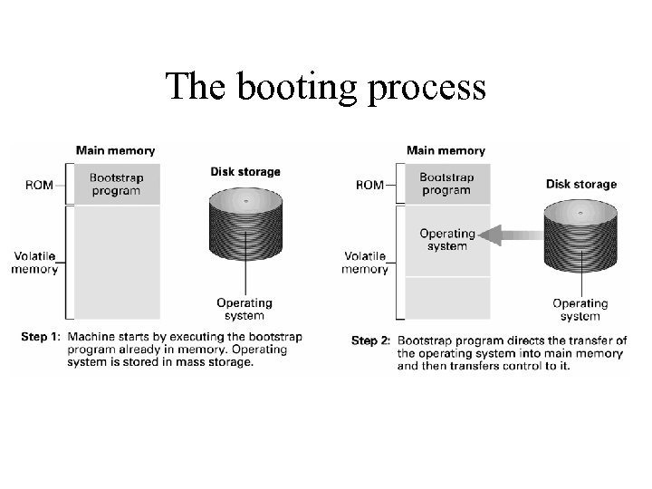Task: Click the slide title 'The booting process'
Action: [325, 87]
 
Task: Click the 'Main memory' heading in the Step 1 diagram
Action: [115, 150]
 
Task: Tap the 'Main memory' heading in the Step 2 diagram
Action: [446, 150]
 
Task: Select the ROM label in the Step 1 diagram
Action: [39, 185]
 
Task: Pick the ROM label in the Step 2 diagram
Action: [369, 185]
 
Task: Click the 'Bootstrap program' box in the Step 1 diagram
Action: [115, 184]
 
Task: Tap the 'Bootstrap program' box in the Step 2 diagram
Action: [446, 184]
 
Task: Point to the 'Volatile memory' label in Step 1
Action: [35, 263]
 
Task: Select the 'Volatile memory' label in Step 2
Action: [365, 263]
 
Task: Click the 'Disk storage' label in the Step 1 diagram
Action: [245, 171]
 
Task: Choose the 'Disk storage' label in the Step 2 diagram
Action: [580, 184]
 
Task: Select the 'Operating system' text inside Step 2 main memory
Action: [447, 240]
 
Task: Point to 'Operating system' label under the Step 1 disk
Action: [244, 309]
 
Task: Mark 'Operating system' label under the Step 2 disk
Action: [580, 310]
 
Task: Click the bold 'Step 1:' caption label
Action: [41, 337]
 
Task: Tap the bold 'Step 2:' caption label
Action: [370, 340]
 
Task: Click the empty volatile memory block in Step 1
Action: [115, 263]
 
